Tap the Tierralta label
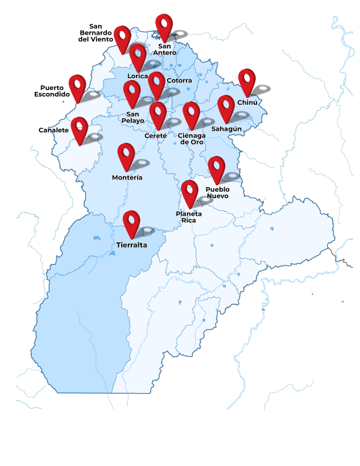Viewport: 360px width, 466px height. (132, 245)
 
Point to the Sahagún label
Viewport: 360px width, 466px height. (226, 129)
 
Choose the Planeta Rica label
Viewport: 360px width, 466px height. (189, 217)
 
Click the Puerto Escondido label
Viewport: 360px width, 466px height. (52, 91)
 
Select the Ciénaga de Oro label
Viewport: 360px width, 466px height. (192, 138)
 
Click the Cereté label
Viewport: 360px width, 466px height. (156, 135)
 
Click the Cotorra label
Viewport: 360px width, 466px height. (179, 81)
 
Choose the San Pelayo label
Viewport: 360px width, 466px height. (132, 117)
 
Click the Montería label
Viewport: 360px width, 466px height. (127, 177)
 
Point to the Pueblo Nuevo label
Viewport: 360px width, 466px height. (218, 192)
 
